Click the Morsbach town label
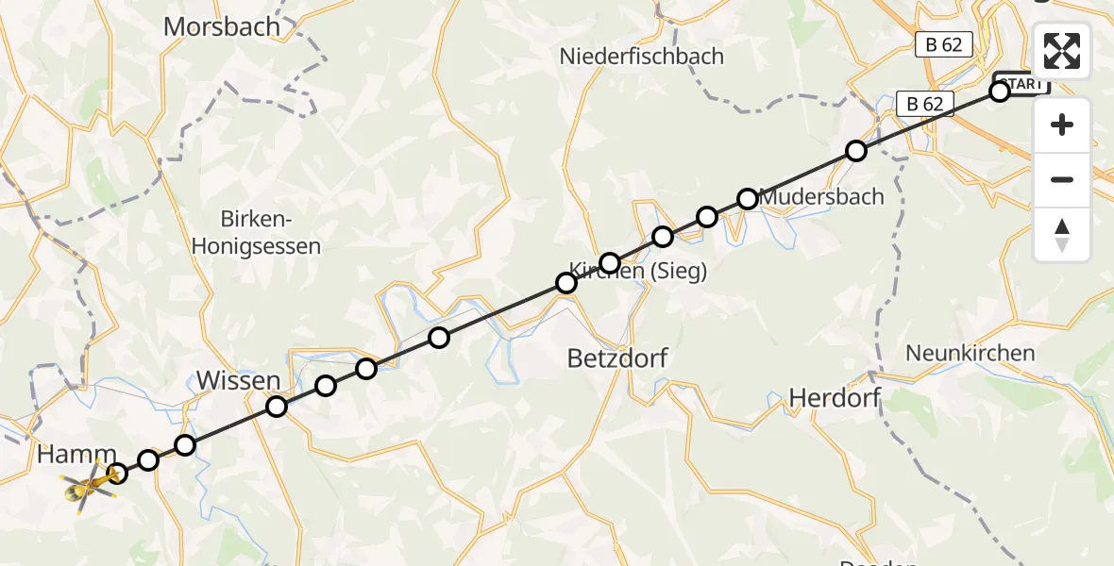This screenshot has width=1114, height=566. coord(222,26)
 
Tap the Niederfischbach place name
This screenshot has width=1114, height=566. coord(641,56)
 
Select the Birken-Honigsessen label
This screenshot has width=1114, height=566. coord(257,233)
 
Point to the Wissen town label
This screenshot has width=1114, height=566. coord(238,381)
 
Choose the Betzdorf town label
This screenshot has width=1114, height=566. coord(617,358)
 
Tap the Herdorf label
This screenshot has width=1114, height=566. coord(835,397)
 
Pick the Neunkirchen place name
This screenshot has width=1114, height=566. coord(970,354)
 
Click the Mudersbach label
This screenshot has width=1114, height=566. coord(821,197)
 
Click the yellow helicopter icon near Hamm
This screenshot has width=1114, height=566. coord(88,485)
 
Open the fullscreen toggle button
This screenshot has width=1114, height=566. coord(1062,51)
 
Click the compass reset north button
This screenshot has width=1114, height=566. coord(1062,234)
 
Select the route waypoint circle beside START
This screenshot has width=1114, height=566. coord(1000,92)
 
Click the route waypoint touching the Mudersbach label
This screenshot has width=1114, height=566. coord(748,199)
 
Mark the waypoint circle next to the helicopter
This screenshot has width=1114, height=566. coord(117,474)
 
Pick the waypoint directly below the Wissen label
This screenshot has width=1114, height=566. coord(277,407)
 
